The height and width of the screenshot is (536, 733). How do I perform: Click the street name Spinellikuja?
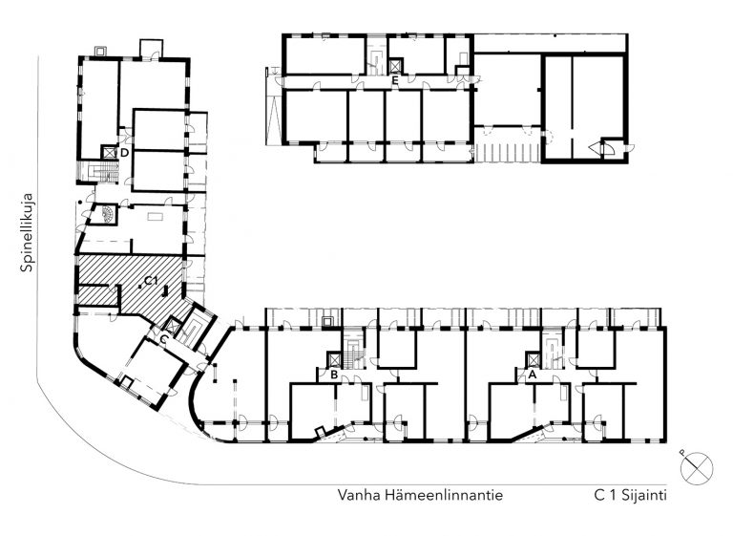click(x=27, y=232)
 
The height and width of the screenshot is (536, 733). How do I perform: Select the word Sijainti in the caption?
click(x=644, y=496)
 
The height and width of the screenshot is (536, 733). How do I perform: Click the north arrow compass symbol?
click(x=697, y=468)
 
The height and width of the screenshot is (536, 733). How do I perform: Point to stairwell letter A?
click(x=532, y=375)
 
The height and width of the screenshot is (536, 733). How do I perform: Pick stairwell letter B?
click(x=334, y=375)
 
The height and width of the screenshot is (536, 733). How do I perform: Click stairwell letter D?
click(x=124, y=153)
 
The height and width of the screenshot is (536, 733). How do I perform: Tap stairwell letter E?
click(x=395, y=80)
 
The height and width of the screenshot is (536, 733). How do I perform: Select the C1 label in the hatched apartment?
click(x=151, y=280)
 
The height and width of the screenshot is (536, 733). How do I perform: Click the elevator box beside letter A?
click(x=533, y=359)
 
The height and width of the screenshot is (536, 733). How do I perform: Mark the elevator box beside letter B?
click(x=335, y=359)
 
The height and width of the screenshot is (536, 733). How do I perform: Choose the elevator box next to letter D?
click(x=109, y=152)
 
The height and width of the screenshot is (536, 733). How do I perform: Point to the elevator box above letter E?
click(x=395, y=66)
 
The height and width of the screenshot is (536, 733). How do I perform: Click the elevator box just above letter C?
click(x=173, y=325)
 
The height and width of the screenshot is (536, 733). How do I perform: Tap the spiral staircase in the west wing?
click(x=106, y=214)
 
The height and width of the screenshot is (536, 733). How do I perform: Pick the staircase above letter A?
click(x=553, y=349)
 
